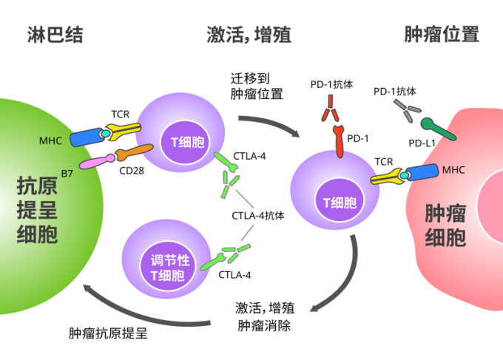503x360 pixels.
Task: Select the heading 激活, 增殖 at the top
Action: [249, 34]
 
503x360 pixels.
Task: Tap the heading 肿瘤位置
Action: [442, 34]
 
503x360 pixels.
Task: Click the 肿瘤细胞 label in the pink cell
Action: [445, 225]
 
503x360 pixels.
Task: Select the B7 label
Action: [67, 174]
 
